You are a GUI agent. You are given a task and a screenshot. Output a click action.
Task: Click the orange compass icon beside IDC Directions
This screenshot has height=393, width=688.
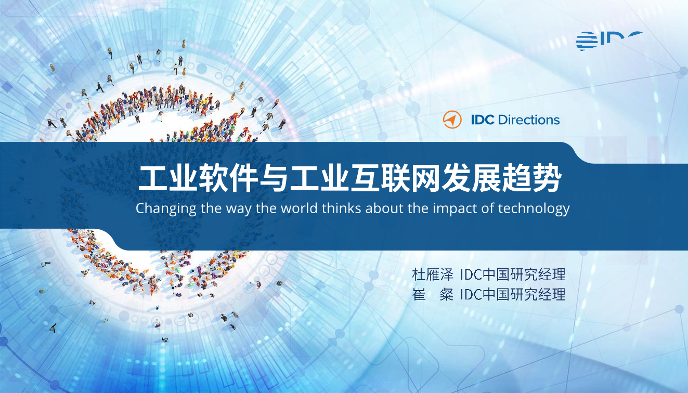coord(452,120)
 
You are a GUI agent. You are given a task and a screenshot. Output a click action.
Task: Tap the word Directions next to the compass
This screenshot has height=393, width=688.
coord(528,120)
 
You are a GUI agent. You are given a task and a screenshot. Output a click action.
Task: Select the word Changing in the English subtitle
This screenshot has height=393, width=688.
coord(166,209)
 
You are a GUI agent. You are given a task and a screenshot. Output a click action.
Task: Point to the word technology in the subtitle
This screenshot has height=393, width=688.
coord(534,209)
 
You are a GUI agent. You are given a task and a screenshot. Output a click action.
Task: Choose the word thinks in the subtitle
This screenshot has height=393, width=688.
coord(341,208)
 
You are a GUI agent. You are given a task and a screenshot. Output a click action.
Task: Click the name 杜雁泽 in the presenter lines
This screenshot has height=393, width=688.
coord(433,274)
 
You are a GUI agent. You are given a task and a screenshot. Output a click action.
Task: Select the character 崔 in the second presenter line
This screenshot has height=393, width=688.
coord(419,294)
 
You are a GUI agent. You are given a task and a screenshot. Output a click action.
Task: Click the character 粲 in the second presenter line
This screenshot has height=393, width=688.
coord(446,294)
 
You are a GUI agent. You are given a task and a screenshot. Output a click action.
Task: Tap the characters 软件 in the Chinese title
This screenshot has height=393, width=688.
coord(227,179)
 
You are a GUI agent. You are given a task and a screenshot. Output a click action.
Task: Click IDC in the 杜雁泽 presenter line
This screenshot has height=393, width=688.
coord(471,274)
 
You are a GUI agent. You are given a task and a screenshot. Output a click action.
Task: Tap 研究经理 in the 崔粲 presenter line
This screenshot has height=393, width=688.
coord(538,294)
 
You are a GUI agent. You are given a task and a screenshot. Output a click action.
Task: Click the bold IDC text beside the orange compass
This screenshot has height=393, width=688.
coord(483,120)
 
